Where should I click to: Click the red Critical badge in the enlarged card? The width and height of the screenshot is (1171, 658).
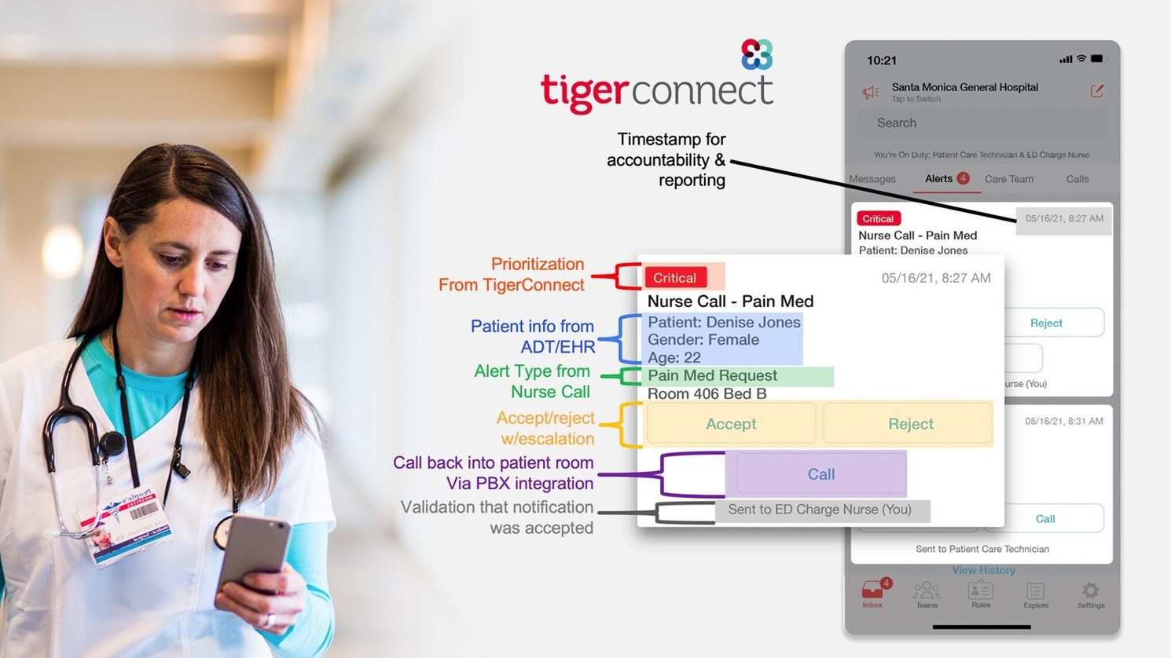[x=675, y=278]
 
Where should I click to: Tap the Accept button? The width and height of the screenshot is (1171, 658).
[x=731, y=424]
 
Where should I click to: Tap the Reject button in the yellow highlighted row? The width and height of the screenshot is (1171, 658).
[x=910, y=424]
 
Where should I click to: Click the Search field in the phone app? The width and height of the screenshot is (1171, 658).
[x=982, y=123]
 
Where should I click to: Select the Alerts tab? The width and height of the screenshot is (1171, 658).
[x=939, y=179]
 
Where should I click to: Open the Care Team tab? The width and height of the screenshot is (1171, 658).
[x=1009, y=179]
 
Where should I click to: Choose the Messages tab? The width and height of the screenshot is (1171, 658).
[x=872, y=179]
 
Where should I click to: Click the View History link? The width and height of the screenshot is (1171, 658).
[x=983, y=570]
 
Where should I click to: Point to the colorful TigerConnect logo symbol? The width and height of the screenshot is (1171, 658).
[x=757, y=55]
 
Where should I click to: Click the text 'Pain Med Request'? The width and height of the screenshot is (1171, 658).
[x=712, y=376]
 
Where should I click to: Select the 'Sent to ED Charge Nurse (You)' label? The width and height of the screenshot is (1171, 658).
[x=820, y=510]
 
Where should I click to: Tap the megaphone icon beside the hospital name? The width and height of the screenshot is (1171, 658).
[x=871, y=93]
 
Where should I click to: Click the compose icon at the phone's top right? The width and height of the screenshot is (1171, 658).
[x=1096, y=91]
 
